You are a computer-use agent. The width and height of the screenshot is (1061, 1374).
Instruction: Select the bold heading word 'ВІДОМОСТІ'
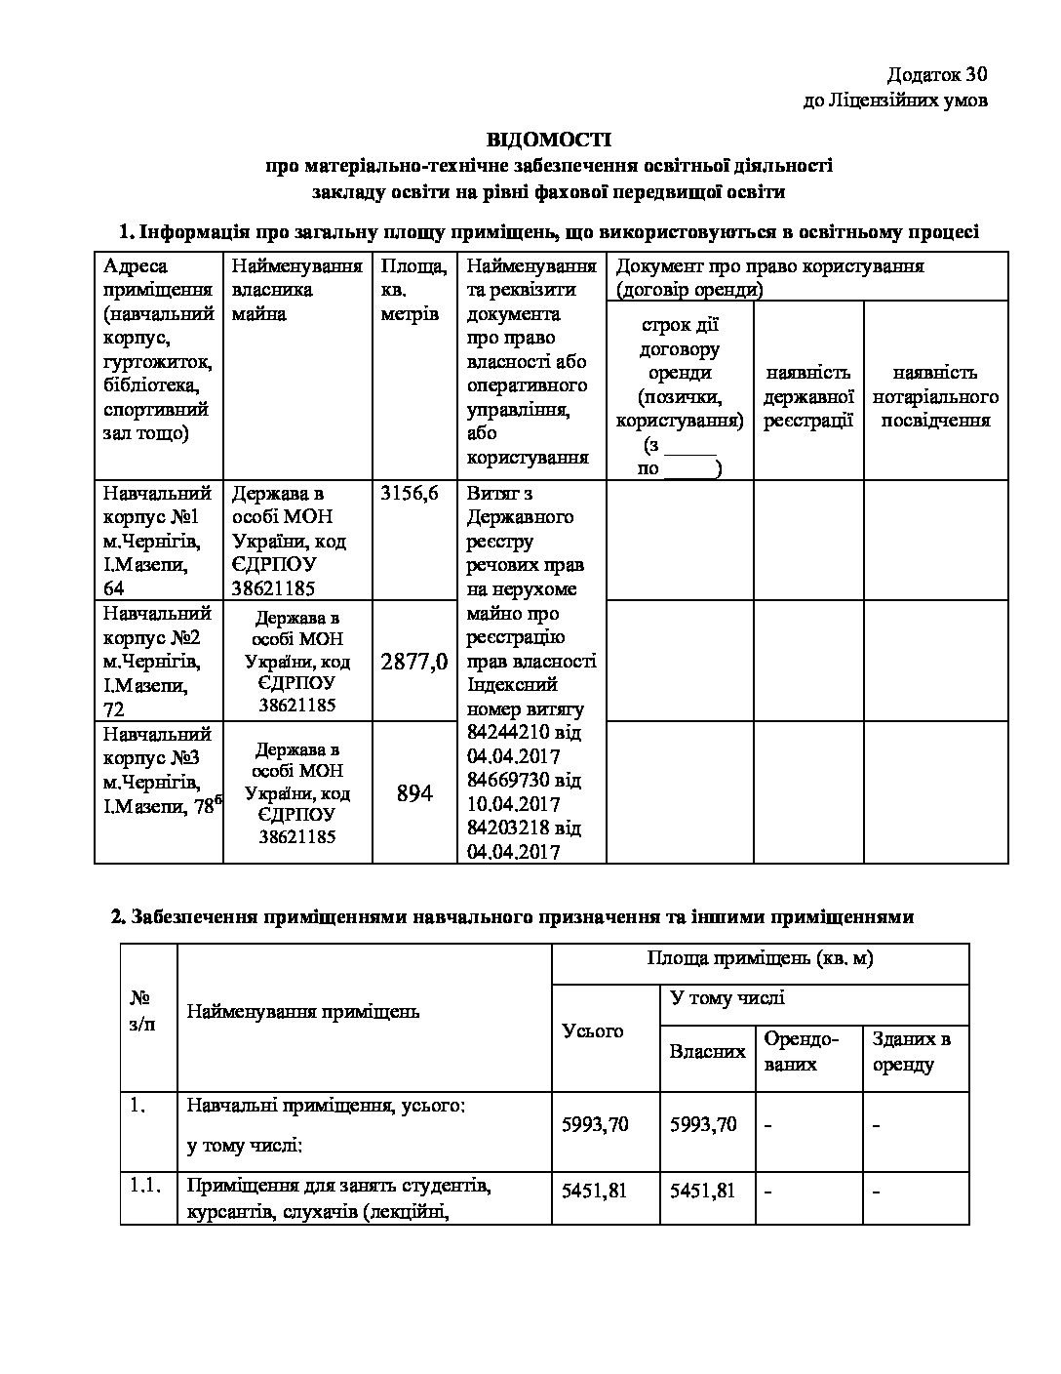(549, 141)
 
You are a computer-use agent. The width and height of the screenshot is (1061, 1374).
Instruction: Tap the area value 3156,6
(410, 494)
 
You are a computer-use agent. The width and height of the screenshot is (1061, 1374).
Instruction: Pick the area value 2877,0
(414, 662)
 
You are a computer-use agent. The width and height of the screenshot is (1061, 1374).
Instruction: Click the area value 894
(414, 793)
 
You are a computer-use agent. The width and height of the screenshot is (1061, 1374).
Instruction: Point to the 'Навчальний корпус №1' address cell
(158, 540)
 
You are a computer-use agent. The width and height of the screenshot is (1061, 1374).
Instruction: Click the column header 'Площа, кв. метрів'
(414, 290)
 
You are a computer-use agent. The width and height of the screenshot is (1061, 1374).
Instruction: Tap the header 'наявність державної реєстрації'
(808, 396)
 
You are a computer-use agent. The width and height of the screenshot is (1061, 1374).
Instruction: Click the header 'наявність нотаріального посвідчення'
(935, 396)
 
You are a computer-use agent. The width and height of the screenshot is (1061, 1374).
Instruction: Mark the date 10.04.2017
(513, 804)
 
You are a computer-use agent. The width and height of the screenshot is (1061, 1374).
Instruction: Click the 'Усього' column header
(593, 1030)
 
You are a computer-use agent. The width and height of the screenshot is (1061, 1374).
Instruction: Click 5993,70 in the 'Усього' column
(596, 1124)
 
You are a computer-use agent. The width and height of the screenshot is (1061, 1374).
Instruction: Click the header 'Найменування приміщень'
(302, 1011)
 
